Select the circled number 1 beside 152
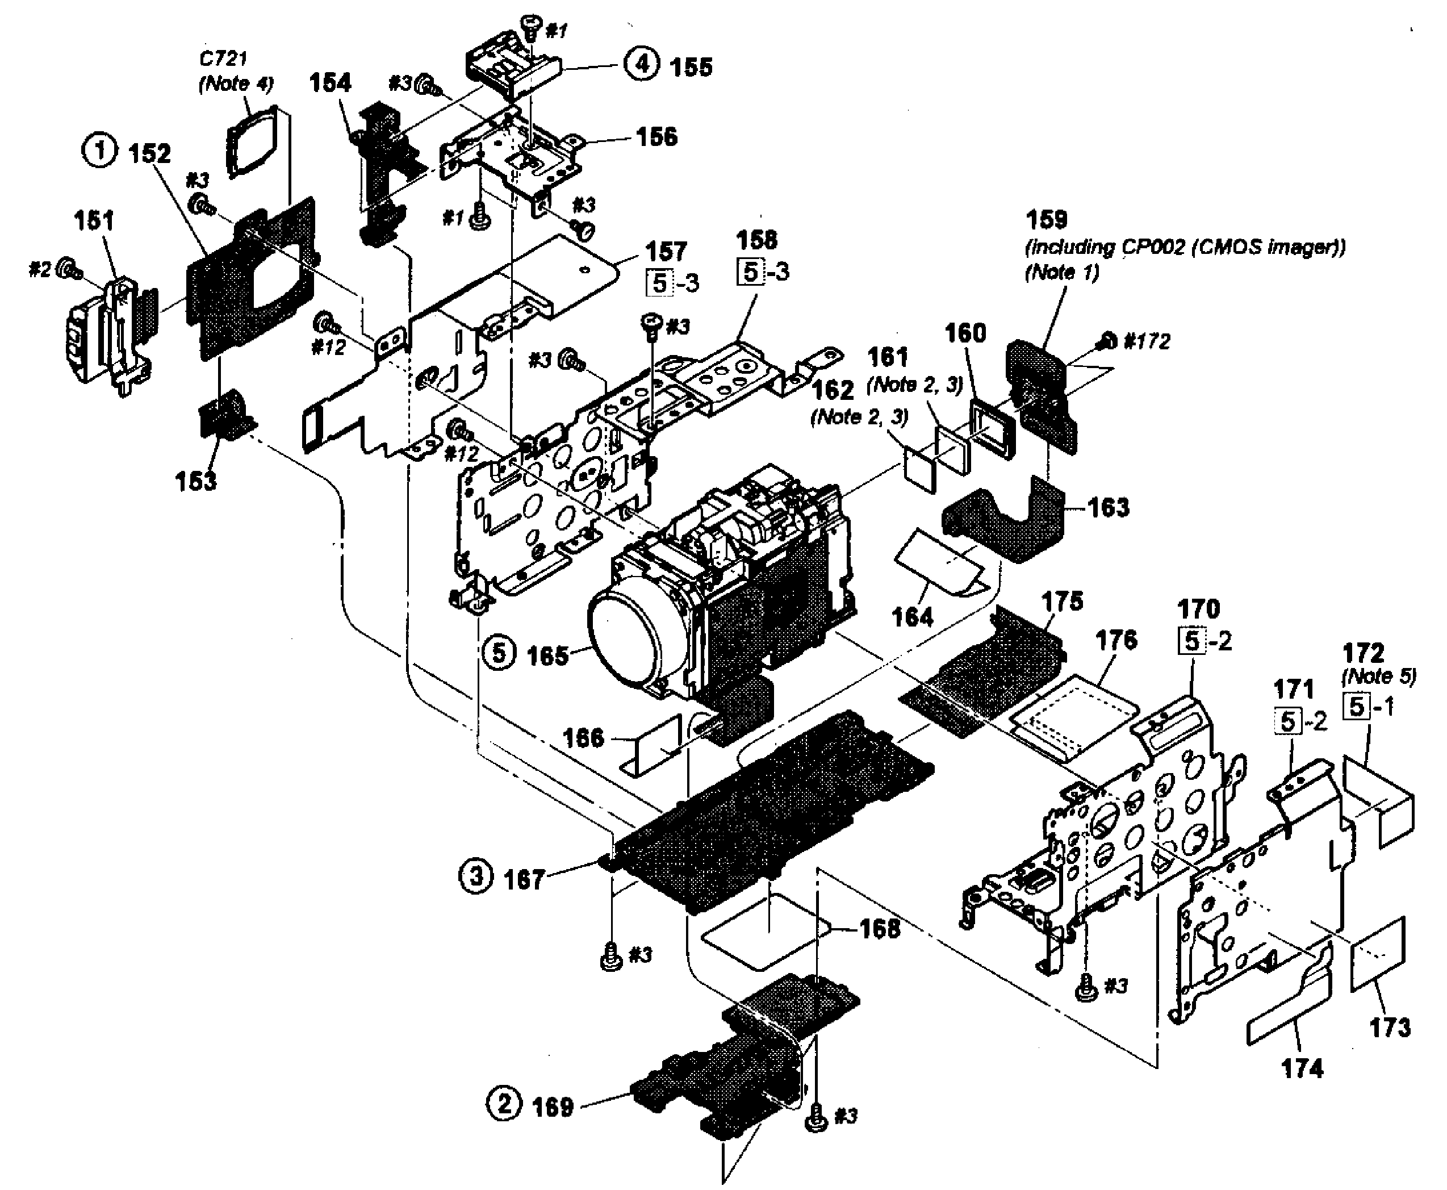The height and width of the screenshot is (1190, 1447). (100, 150)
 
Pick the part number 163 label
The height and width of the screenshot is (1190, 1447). (1109, 507)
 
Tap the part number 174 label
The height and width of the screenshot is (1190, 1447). (1302, 1068)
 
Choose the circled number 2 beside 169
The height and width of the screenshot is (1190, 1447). (504, 1104)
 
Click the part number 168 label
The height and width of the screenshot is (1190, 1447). (880, 929)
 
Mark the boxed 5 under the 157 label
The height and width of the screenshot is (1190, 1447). (659, 282)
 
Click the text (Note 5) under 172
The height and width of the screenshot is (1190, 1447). (1378, 676)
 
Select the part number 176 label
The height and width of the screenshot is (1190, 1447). (1116, 640)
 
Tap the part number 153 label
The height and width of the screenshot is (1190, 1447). (195, 481)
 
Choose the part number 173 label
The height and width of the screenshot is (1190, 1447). (1390, 1027)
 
